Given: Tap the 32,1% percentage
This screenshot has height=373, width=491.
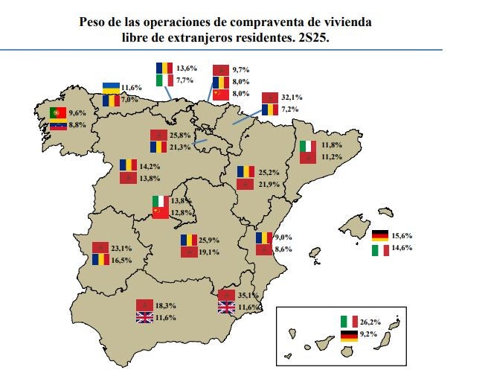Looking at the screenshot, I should click(x=292, y=97).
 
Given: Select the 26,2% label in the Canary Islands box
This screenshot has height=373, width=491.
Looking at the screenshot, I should click(x=371, y=322).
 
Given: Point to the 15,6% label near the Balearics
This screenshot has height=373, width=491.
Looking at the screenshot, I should click(x=402, y=236).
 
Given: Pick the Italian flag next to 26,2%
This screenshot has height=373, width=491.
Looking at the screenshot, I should click(x=349, y=322).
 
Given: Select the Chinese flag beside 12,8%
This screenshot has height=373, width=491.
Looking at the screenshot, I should click(x=159, y=213).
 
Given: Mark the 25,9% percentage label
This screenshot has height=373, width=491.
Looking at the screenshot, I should click(x=211, y=241).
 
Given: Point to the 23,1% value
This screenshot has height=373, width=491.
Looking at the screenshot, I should click(x=121, y=247).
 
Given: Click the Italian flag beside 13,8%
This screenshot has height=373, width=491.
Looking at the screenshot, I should click(x=159, y=201).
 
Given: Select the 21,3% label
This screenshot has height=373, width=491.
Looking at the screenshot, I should click(x=180, y=147).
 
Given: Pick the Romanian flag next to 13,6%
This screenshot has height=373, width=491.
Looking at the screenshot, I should click(x=164, y=67).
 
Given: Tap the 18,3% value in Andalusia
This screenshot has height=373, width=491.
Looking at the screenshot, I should click(x=166, y=305).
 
